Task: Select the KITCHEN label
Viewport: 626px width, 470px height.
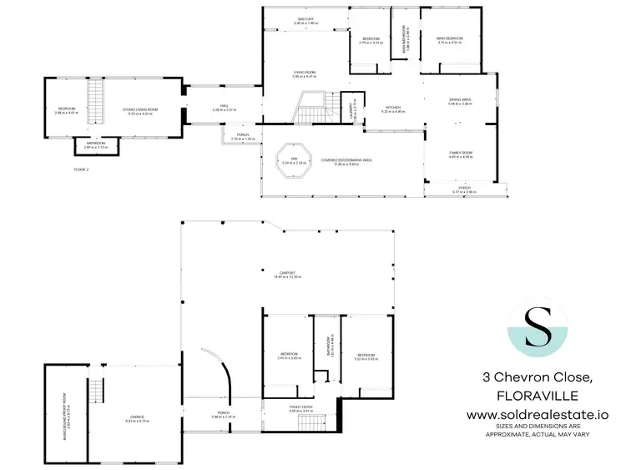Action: (x=394, y=108)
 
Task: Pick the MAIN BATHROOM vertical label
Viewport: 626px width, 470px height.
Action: (x=406, y=38)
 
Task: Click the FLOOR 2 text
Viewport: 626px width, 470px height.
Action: (x=81, y=169)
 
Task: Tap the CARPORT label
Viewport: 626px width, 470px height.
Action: (x=285, y=273)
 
